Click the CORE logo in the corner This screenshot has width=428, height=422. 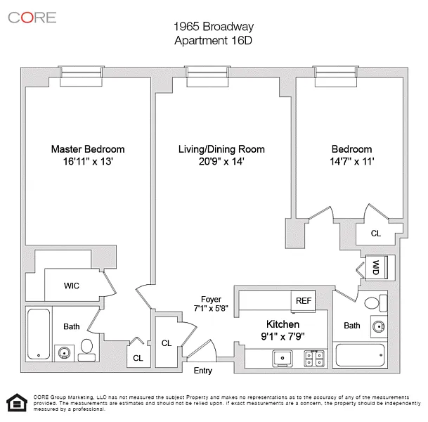tap(32, 17)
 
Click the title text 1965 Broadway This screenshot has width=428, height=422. tap(214, 27)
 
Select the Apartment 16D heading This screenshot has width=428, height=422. tap(214, 40)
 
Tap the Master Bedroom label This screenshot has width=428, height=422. tap(88, 149)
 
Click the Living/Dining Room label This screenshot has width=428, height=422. tap(221, 149)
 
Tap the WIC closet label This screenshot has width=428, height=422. tap(71, 286)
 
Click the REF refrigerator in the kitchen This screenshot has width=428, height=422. tap(304, 300)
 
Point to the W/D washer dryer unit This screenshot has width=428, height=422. tap(377, 267)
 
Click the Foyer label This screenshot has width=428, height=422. tap(211, 299)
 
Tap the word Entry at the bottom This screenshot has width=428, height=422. tap(202, 371)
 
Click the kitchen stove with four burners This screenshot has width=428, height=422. tap(313, 358)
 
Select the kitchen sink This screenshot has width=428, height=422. tap(283, 358)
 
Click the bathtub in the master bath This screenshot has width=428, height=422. tap(39, 334)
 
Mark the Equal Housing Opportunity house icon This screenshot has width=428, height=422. tap(15, 403)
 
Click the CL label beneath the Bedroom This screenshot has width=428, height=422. tap(375, 234)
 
